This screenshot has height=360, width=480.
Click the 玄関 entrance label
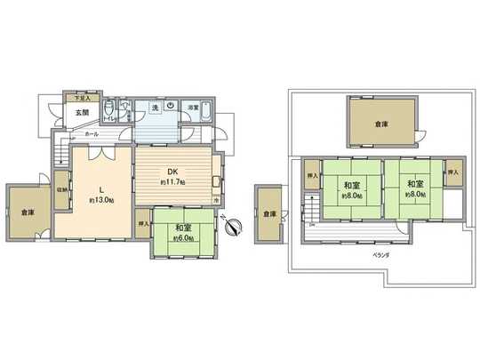click(81, 113)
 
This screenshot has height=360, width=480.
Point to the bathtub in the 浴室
click(206, 112)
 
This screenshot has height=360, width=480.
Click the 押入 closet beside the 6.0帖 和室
click(144, 224)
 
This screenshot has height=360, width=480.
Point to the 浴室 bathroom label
click(193, 108)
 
